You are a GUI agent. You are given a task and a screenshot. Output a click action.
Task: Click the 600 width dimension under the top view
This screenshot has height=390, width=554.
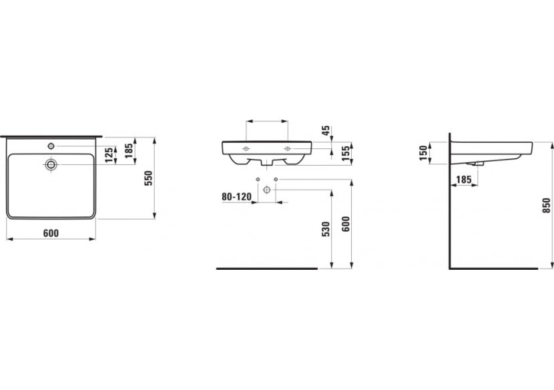click(51, 233)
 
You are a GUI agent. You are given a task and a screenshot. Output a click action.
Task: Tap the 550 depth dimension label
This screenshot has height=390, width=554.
click(148, 178)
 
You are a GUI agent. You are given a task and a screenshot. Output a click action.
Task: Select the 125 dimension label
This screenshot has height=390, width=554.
click(109, 155)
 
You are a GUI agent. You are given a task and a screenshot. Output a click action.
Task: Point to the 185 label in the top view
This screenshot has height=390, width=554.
click(129, 151)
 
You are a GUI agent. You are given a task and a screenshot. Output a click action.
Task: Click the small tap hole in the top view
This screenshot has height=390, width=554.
click(51, 146)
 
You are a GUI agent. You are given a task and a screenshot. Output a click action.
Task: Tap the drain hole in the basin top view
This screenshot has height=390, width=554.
click(51, 164)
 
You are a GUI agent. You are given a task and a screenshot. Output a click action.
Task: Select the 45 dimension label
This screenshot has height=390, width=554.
click(326, 130)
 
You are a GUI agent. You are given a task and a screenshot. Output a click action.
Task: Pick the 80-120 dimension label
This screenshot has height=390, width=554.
click(236, 196)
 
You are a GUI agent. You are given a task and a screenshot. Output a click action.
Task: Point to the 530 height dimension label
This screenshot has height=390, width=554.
click(326, 229)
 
